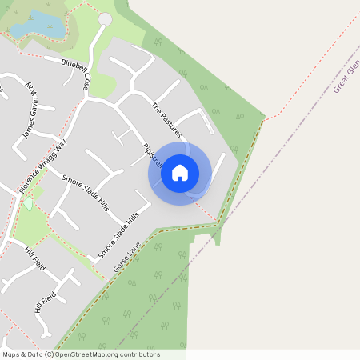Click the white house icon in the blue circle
(x=180, y=172)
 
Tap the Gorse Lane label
(x=127, y=256)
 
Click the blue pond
(x=36, y=24)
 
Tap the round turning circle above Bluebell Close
(x=105, y=18)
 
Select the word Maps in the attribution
(x=11, y=354)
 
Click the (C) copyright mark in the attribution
(x=49, y=354)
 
